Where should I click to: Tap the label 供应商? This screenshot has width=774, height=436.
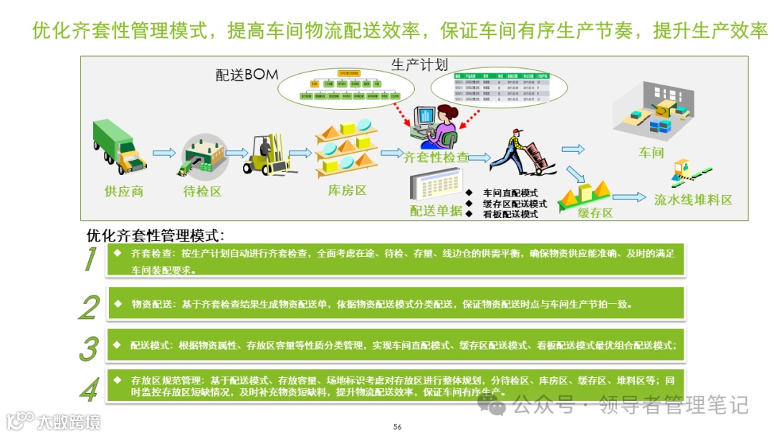tap(124, 191)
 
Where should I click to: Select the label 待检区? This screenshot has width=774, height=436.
tap(202, 191)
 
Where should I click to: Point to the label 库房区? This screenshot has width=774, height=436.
tap(347, 191)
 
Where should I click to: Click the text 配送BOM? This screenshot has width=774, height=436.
tap(247, 75)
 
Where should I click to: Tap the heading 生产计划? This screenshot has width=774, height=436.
tap(419, 65)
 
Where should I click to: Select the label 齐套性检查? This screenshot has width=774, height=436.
tap(436, 157)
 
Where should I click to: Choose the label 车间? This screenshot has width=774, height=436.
tap(651, 153)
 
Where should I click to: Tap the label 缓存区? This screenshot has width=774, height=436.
tap(596, 213)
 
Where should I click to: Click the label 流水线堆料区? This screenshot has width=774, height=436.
tap(693, 200)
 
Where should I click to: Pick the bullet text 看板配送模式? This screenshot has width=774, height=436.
tap(510, 214)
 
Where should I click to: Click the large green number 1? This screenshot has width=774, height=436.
tap(90, 260)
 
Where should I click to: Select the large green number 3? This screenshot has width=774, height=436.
tap(88, 349)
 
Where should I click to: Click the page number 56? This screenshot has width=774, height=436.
tap(397, 427)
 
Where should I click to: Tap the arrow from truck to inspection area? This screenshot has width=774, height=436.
tap(163, 152)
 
